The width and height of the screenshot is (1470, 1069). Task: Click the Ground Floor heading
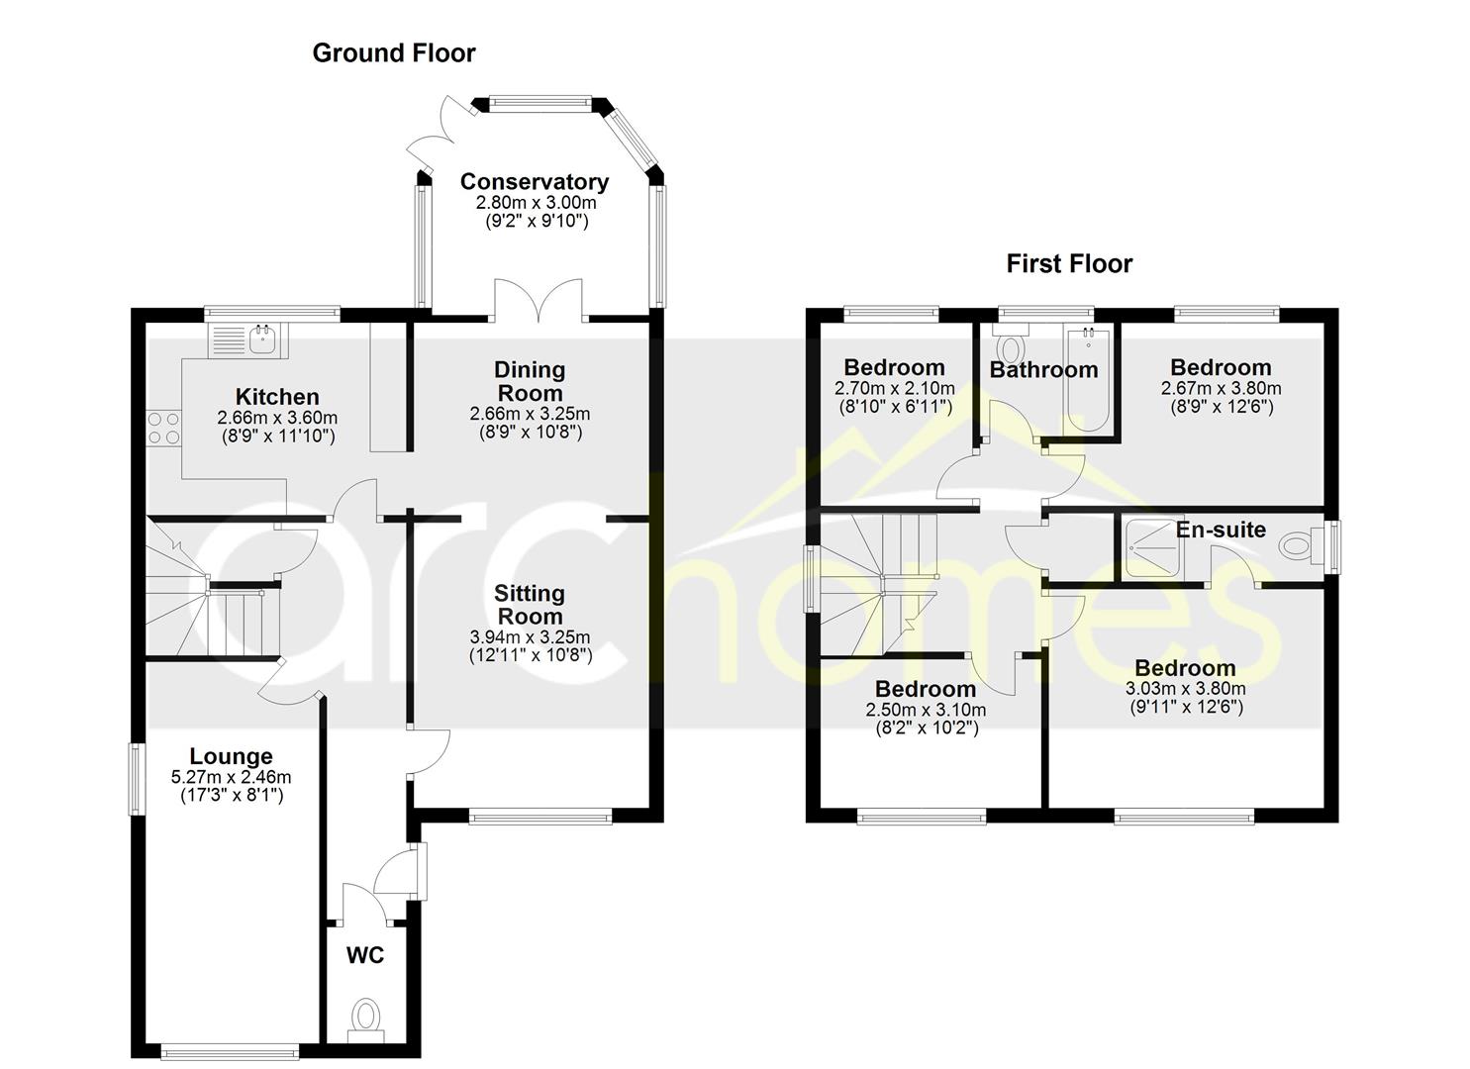pyautogui.click(x=394, y=53)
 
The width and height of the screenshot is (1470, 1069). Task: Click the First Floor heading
pyautogui.click(x=1069, y=264)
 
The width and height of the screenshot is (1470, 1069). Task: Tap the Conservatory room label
pyautogui.click(x=535, y=181)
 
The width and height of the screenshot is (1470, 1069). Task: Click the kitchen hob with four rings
pyautogui.click(x=164, y=428)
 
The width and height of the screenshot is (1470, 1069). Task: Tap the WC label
pyautogui.click(x=365, y=955)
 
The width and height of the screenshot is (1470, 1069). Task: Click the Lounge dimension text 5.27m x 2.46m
pyautogui.click(x=231, y=778)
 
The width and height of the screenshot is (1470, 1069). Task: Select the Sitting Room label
pyautogui.click(x=529, y=605)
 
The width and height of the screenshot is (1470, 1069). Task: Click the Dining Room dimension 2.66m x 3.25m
pyautogui.click(x=530, y=414)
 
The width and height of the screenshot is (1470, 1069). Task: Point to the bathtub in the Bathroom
pyautogui.click(x=1089, y=380)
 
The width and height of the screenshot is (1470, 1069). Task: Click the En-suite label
pyautogui.click(x=1220, y=530)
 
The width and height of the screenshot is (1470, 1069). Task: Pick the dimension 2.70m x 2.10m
pyautogui.click(x=895, y=388)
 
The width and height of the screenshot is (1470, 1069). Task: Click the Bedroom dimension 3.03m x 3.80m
pyautogui.click(x=1185, y=688)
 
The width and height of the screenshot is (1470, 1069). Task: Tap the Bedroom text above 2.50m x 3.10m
pyautogui.click(x=926, y=689)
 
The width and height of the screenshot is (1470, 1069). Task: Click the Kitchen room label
pyautogui.click(x=277, y=396)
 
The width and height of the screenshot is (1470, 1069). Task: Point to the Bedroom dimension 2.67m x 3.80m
pyautogui.click(x=1221, y=388)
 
